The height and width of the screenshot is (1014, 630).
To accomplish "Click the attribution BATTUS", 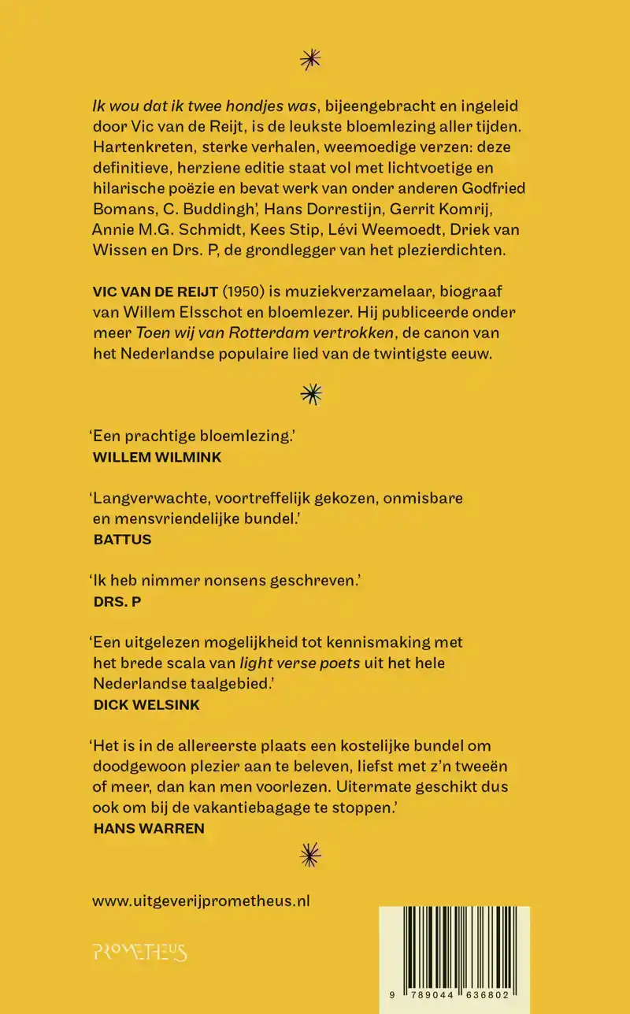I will point(122,540).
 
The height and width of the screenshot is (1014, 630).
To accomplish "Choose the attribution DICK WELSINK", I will point(146,705).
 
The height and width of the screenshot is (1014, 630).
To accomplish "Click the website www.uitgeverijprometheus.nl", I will point(201,901).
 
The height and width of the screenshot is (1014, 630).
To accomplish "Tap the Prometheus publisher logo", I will point(140,953).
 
